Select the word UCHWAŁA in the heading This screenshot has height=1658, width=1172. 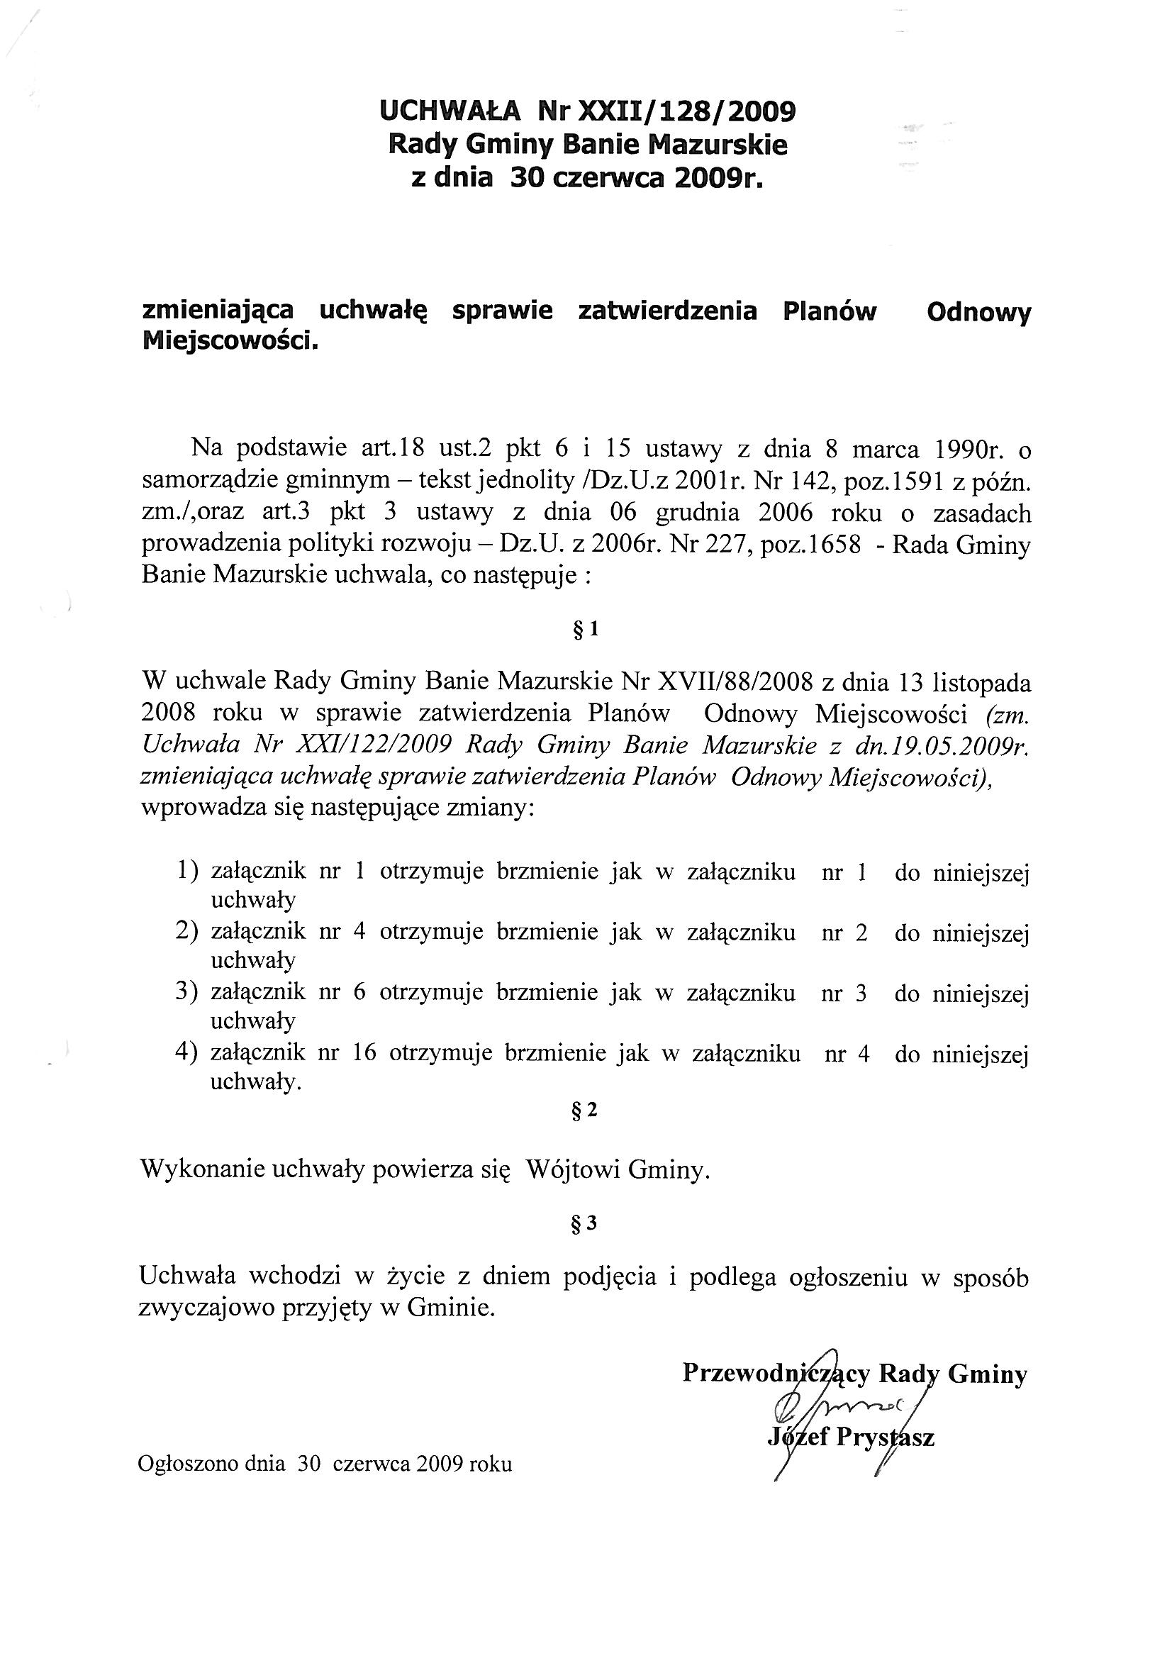tap(449, 112)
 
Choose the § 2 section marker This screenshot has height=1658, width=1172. tap(584, 1110)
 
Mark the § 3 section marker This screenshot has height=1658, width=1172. tap(584, 1223)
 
